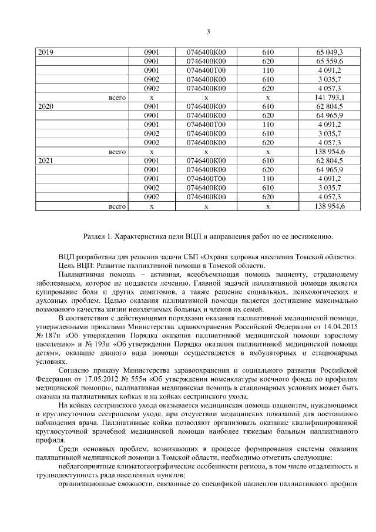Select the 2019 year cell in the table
coord(45,52)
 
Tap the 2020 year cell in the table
coord(45,107)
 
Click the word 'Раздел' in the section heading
coord(95,236)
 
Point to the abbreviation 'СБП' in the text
coord(191,257)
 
